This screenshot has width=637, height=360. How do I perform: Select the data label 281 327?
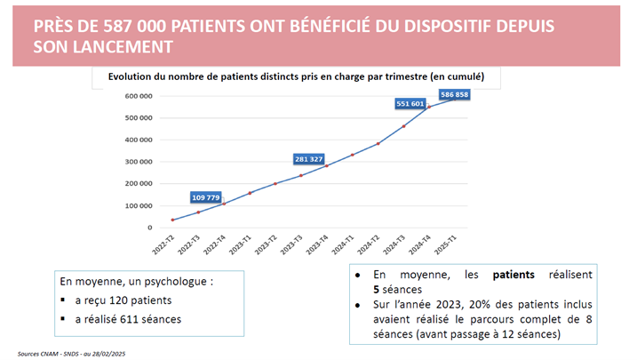(x=309, y=159)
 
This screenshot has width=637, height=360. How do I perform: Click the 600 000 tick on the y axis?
(x=140, y=96)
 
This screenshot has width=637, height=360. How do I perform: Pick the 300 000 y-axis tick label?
(x=140, y=162)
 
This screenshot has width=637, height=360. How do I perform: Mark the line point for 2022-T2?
(x=172, y=220)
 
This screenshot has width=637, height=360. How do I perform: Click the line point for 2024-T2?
(x=378, y=143)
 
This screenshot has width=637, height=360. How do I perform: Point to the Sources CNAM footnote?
(x=79, y=352)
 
